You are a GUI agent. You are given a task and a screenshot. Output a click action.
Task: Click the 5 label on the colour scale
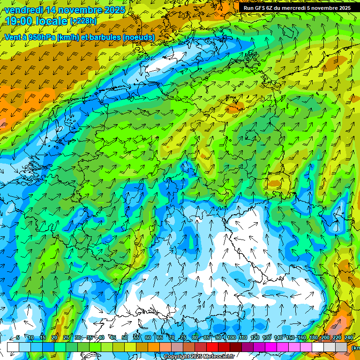point(18,337)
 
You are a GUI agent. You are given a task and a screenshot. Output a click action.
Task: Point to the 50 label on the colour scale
point(125,337)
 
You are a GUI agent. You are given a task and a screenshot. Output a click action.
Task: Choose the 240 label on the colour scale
point(349,337)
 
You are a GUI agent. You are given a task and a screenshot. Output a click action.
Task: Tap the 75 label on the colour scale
point(183,337)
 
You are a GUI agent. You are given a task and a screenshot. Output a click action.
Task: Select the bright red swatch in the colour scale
point(212,347)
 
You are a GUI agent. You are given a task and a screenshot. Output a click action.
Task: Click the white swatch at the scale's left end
point(13,347)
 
